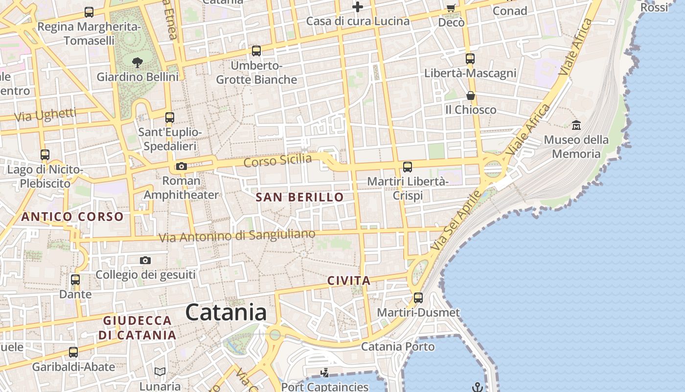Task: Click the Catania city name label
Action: (x=226, y=313)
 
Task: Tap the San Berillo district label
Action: (x=299, y=197)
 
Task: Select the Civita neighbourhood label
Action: (x=349, y=281)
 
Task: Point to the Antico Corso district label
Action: (x=72, y=216)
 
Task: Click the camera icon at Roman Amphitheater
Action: (x=182, y=166)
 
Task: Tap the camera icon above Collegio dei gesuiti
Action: (x=145, y=260)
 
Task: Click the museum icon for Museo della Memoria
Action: (x=576, y=125)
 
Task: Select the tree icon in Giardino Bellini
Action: (x=137, y=62)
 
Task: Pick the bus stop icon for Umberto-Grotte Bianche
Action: (x=256, y=50)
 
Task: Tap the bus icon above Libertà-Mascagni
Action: (x=470, y=59)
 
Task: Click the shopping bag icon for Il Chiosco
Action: (x=470, y=95)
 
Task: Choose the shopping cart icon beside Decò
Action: (x=451, y=8)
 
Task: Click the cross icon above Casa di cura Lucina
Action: (x=358, y=7)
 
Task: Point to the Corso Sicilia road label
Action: (x=277, y=160)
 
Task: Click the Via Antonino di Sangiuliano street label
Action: (x=237, y=236)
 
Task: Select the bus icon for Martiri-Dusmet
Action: (x=418, y=297)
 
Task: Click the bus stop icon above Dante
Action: (x=75, y=280)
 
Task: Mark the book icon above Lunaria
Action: (x=160, y=371)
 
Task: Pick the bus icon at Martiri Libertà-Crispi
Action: (x=407, y=167)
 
